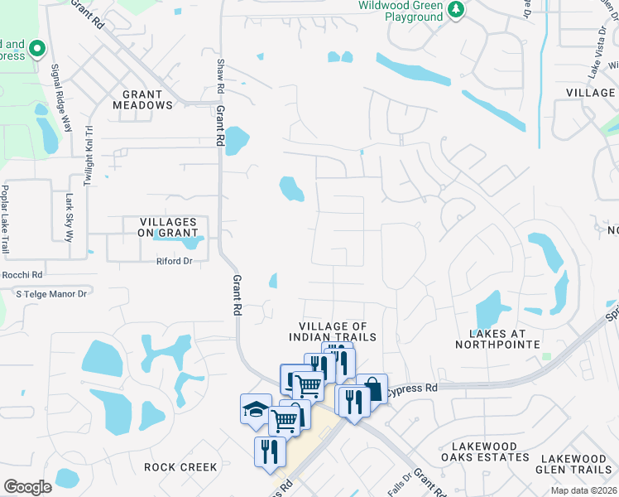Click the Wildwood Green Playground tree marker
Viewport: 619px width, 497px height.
(454, 10)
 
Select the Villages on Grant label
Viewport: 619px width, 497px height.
(168, 228)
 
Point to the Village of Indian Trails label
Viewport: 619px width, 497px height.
(333, 331)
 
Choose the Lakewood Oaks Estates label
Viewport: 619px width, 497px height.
(479, 451)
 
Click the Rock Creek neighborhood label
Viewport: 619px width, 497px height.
(180, 467)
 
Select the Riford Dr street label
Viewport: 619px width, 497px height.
(174, 262)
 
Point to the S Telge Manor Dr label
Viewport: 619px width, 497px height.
(51, 293)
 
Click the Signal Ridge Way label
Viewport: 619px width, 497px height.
(61, 99)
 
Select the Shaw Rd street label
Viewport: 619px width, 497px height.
(220, 75)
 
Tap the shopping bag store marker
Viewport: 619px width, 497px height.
(372, 388)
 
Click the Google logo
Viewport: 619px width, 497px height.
(26, 486)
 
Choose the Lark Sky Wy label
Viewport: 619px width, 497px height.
(70, 217)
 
